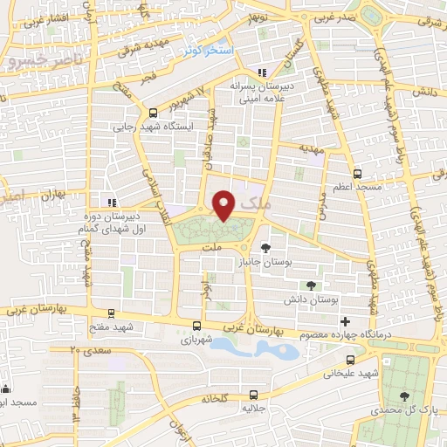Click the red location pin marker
225,205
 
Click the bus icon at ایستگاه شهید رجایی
154,113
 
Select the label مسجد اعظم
356,188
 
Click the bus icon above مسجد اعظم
356,173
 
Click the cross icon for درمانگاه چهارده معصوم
346,322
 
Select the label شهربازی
198,340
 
